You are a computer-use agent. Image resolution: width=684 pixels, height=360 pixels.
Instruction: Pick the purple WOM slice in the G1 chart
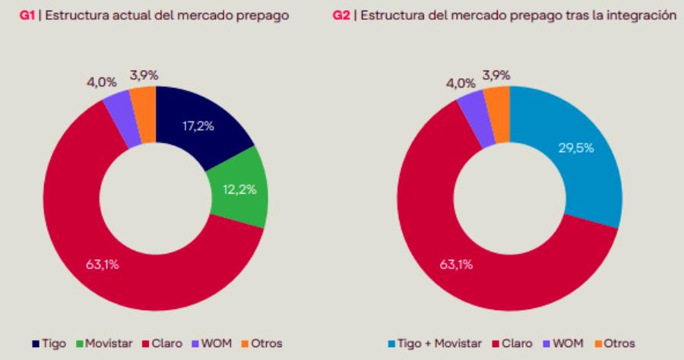tap(119, 110)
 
